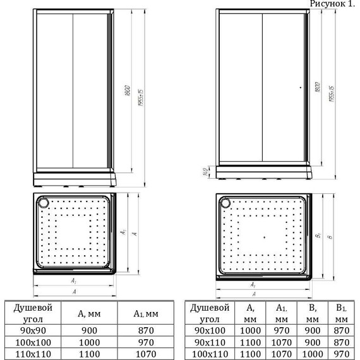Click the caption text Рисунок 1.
[333, 4]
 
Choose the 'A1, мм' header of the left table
[145, 312]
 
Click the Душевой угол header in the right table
[208, 312]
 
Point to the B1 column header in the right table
[341, 312]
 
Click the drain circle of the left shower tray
[44, 203]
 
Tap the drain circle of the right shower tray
[225, 203]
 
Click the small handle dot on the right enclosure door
[301, 88]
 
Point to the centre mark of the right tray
[265, 236]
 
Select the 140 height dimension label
[206, 172]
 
